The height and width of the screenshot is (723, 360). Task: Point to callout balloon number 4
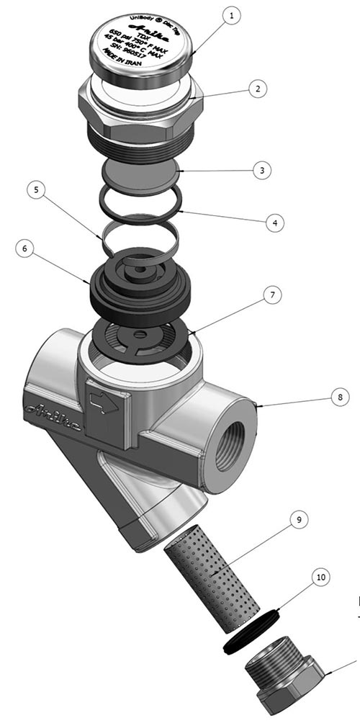(271, 223)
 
